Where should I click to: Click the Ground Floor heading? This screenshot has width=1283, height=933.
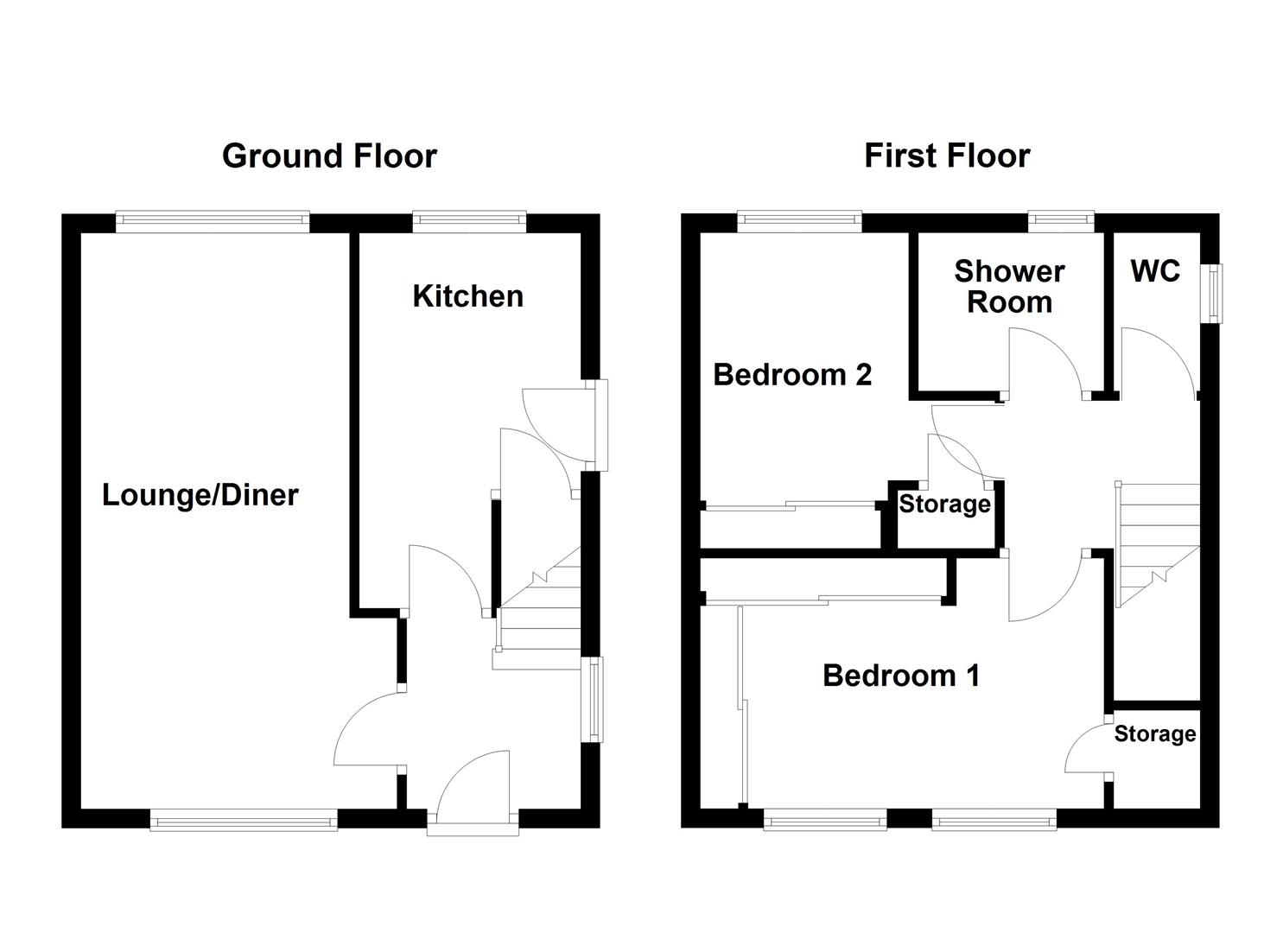329,156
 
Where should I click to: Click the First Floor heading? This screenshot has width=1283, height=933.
947,156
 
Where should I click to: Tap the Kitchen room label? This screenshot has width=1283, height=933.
467,296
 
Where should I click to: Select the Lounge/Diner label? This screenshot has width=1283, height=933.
200,495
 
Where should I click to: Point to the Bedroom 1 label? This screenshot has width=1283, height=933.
901,676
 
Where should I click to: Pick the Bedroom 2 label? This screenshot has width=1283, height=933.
792,375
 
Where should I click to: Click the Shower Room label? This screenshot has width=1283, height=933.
1009,287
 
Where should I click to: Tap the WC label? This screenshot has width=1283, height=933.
1155,271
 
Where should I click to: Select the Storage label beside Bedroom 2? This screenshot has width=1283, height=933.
944,505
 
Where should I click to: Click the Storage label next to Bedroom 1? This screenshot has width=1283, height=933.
1154,734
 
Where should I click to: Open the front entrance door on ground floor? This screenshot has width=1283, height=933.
473,790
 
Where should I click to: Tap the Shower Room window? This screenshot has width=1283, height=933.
1061,221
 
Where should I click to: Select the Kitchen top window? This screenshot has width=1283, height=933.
469,221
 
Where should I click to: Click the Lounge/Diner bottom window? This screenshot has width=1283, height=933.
243,820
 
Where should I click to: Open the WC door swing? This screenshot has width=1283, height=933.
1158,363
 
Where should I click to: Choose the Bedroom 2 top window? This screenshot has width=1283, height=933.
799,221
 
